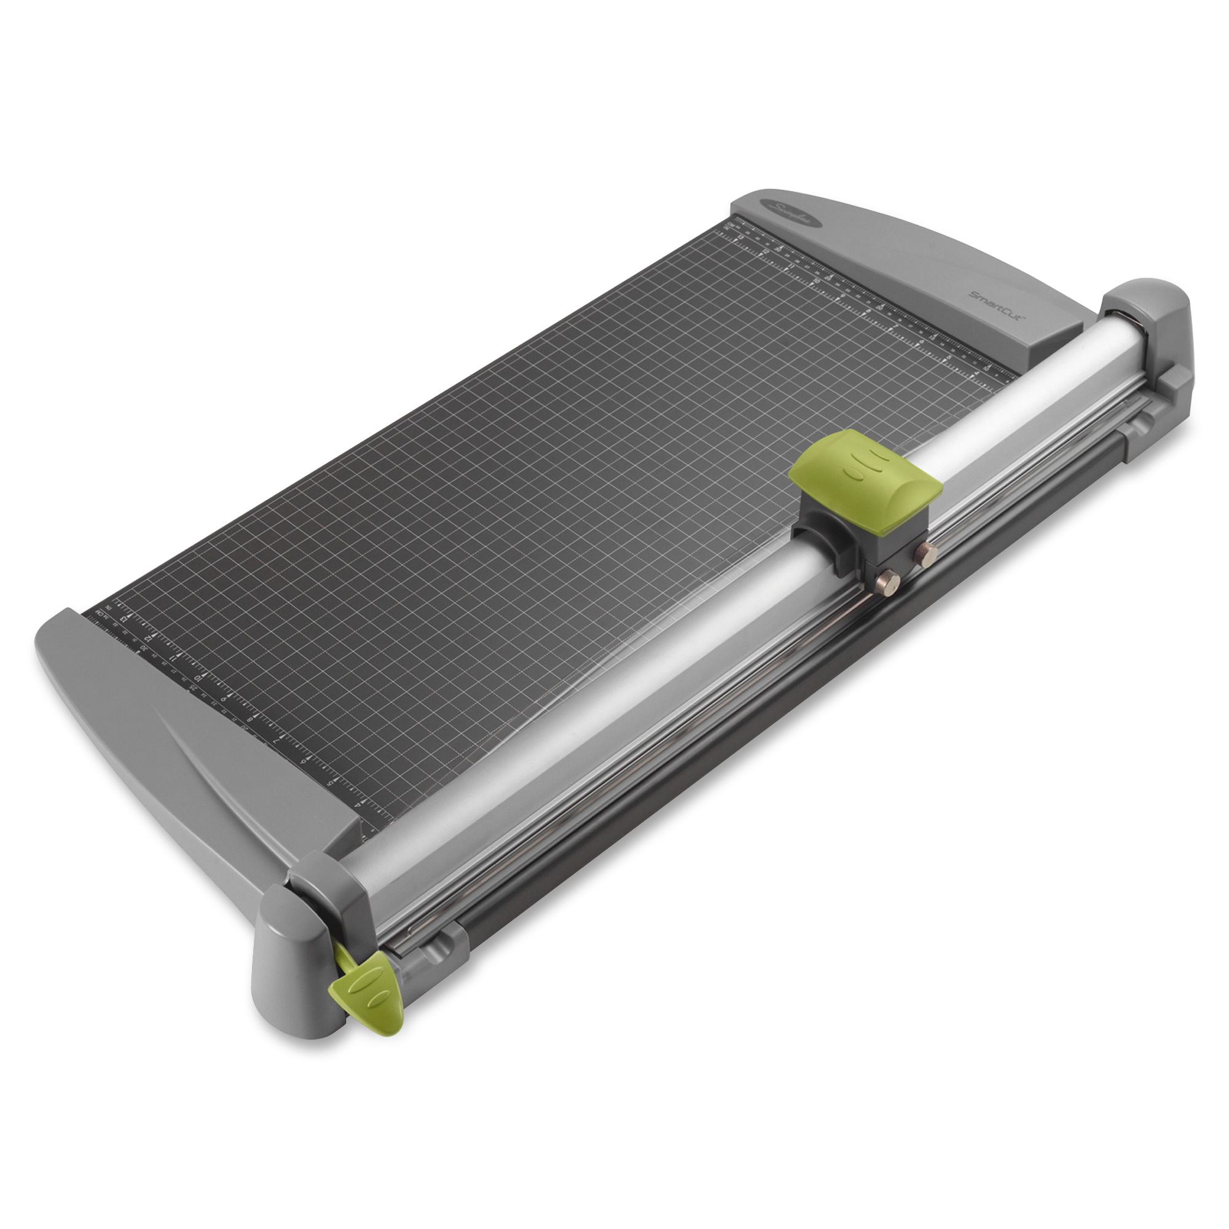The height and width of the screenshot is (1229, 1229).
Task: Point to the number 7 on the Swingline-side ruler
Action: [896, 326]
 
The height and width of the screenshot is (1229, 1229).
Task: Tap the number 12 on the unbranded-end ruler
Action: [148, 639]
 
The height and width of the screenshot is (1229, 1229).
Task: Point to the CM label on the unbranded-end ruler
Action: [99, 613]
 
